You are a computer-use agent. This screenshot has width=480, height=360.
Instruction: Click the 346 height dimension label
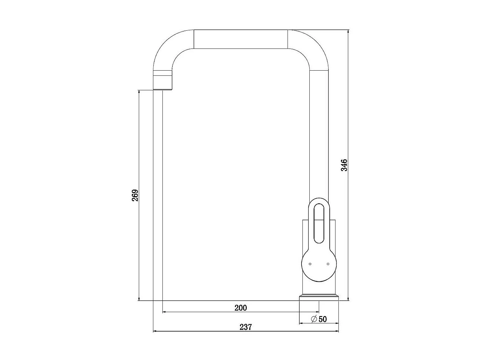coord(344,165)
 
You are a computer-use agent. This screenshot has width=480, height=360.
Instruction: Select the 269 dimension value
coord(135,195)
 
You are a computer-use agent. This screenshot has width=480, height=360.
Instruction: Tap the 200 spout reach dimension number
coord(241,308)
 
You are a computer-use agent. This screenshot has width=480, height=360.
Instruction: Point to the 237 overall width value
coord(245,327)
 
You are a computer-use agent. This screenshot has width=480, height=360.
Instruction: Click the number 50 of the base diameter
coord(322,319)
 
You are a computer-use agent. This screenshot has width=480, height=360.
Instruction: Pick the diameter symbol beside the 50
coord(314,319)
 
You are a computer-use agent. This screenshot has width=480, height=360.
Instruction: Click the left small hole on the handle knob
coord(310,264)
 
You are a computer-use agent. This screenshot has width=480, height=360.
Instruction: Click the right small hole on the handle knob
coord(328,264)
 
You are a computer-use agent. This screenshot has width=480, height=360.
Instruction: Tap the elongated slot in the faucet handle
coord(319,223)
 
